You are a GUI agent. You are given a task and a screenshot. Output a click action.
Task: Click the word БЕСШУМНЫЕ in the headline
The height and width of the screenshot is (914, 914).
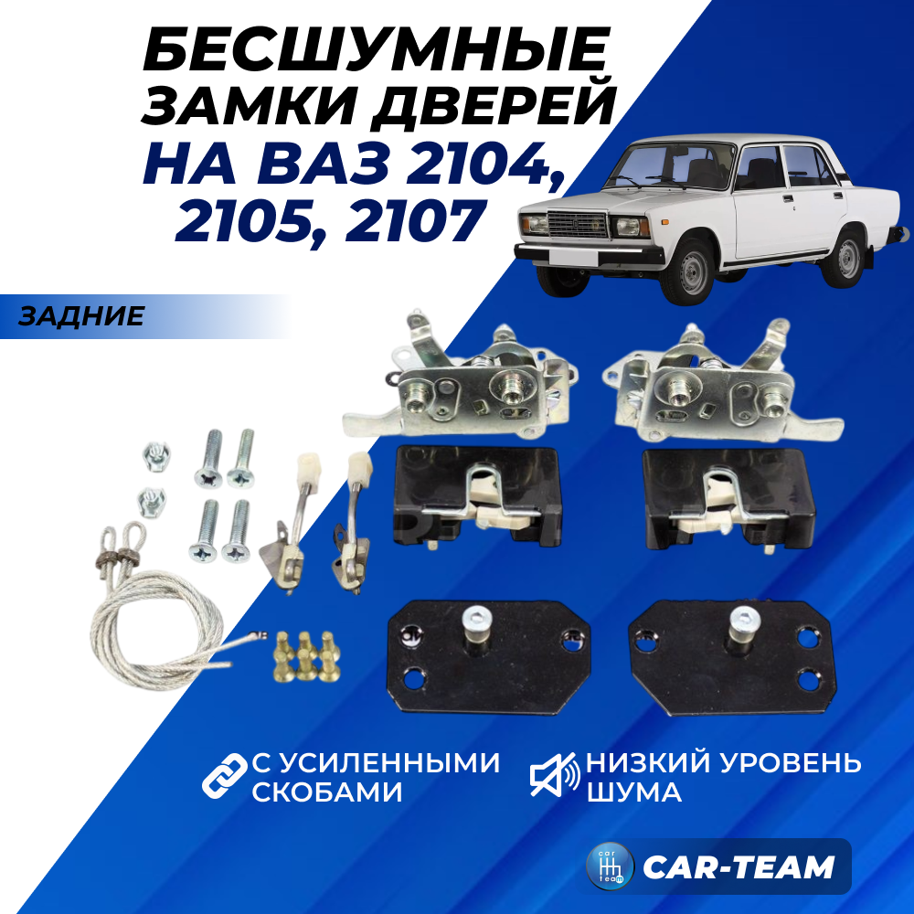point(376,49)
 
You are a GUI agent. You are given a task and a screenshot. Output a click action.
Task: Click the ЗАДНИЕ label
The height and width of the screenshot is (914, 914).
point(81,316)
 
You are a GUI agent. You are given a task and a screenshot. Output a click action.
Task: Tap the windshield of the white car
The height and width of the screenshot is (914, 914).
point(670,165)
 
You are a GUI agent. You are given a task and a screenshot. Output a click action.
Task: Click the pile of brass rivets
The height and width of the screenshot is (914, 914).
point(307,656)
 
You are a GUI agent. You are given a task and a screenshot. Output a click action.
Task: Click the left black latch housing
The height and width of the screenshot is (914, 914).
point(477,496)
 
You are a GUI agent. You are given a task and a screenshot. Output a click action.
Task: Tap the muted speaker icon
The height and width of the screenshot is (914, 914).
point(555,775)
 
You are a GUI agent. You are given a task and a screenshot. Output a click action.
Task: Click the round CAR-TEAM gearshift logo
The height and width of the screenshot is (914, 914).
point(610,866)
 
